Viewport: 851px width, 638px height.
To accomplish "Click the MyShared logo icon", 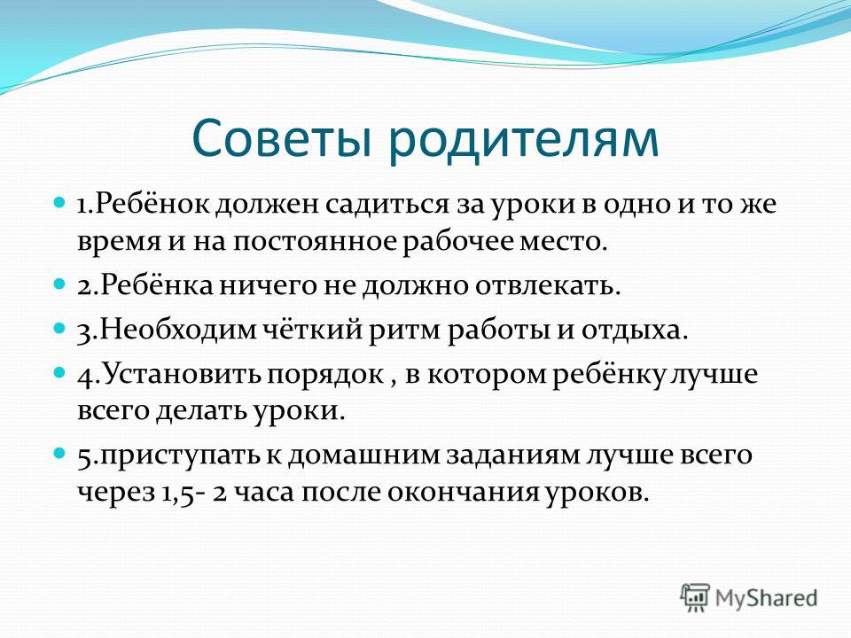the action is click(x=695, y=598).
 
